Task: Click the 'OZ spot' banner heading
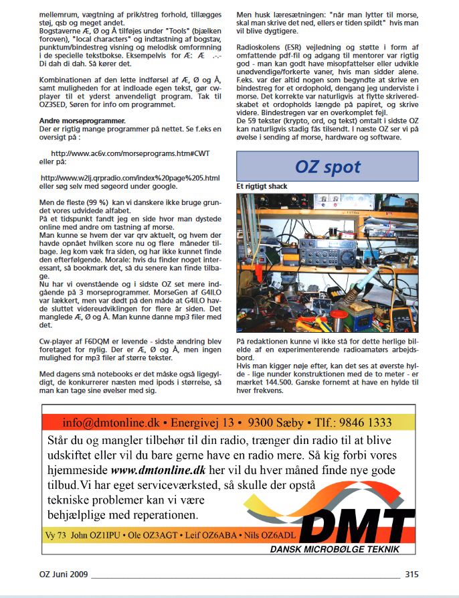(x=327, y=167)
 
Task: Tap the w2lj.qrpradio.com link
(x=130, y=177)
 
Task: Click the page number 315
(x=411, y=573)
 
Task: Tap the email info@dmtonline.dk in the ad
(x=111, y=423)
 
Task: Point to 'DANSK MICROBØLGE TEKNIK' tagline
(x=335, y=549)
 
